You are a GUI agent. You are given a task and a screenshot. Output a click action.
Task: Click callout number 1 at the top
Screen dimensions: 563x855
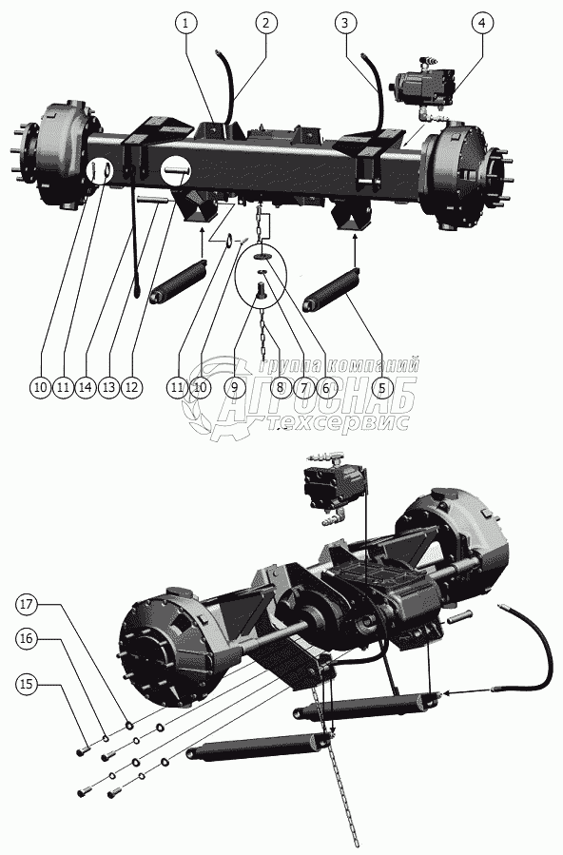pyautogui.click(x=186, y=23)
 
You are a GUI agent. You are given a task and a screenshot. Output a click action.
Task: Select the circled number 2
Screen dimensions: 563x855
pyautogui.click(x=265, y=23)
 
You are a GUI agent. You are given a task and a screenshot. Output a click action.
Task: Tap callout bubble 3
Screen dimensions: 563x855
pyautogui.click(x=345, y=23)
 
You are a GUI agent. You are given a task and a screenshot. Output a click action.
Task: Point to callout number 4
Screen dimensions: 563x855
pyautogui.click(x=482, y=23)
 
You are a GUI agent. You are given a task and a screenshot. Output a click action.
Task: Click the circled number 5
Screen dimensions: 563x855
pyautogui.click(x=382, y=388)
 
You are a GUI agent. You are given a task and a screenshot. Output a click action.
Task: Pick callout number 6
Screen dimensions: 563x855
pyautogui.click(x=326, y=388)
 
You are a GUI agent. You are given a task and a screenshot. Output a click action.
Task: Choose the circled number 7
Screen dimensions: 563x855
pyautogui.click(x=303, y=388)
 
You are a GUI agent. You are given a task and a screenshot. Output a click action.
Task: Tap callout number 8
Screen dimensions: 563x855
pyautogui.click(x=281, y=388)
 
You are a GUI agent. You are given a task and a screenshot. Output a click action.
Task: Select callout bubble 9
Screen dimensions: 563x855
pyautogui.click(x=234, y=388)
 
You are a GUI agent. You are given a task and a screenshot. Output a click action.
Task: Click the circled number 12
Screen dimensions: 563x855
pyautogui.click(x=131, y=388)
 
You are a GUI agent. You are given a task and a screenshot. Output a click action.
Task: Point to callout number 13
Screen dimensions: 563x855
pyautogui.click(x=109, y=388)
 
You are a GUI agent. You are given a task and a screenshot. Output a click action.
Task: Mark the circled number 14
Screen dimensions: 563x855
pyautogui.click(x=86, y=388)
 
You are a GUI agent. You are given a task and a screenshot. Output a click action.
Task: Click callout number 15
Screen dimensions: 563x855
pyautogui.click(x=27, y=685)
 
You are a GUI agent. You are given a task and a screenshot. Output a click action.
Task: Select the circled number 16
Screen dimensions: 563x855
pyautogui.click(x=27, y=638)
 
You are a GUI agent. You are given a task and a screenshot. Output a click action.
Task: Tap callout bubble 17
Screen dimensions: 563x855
pyautogui.click(x=27, y=604)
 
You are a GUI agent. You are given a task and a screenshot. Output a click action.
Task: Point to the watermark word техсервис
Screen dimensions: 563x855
pyautogui.click(x=339, y=422)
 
